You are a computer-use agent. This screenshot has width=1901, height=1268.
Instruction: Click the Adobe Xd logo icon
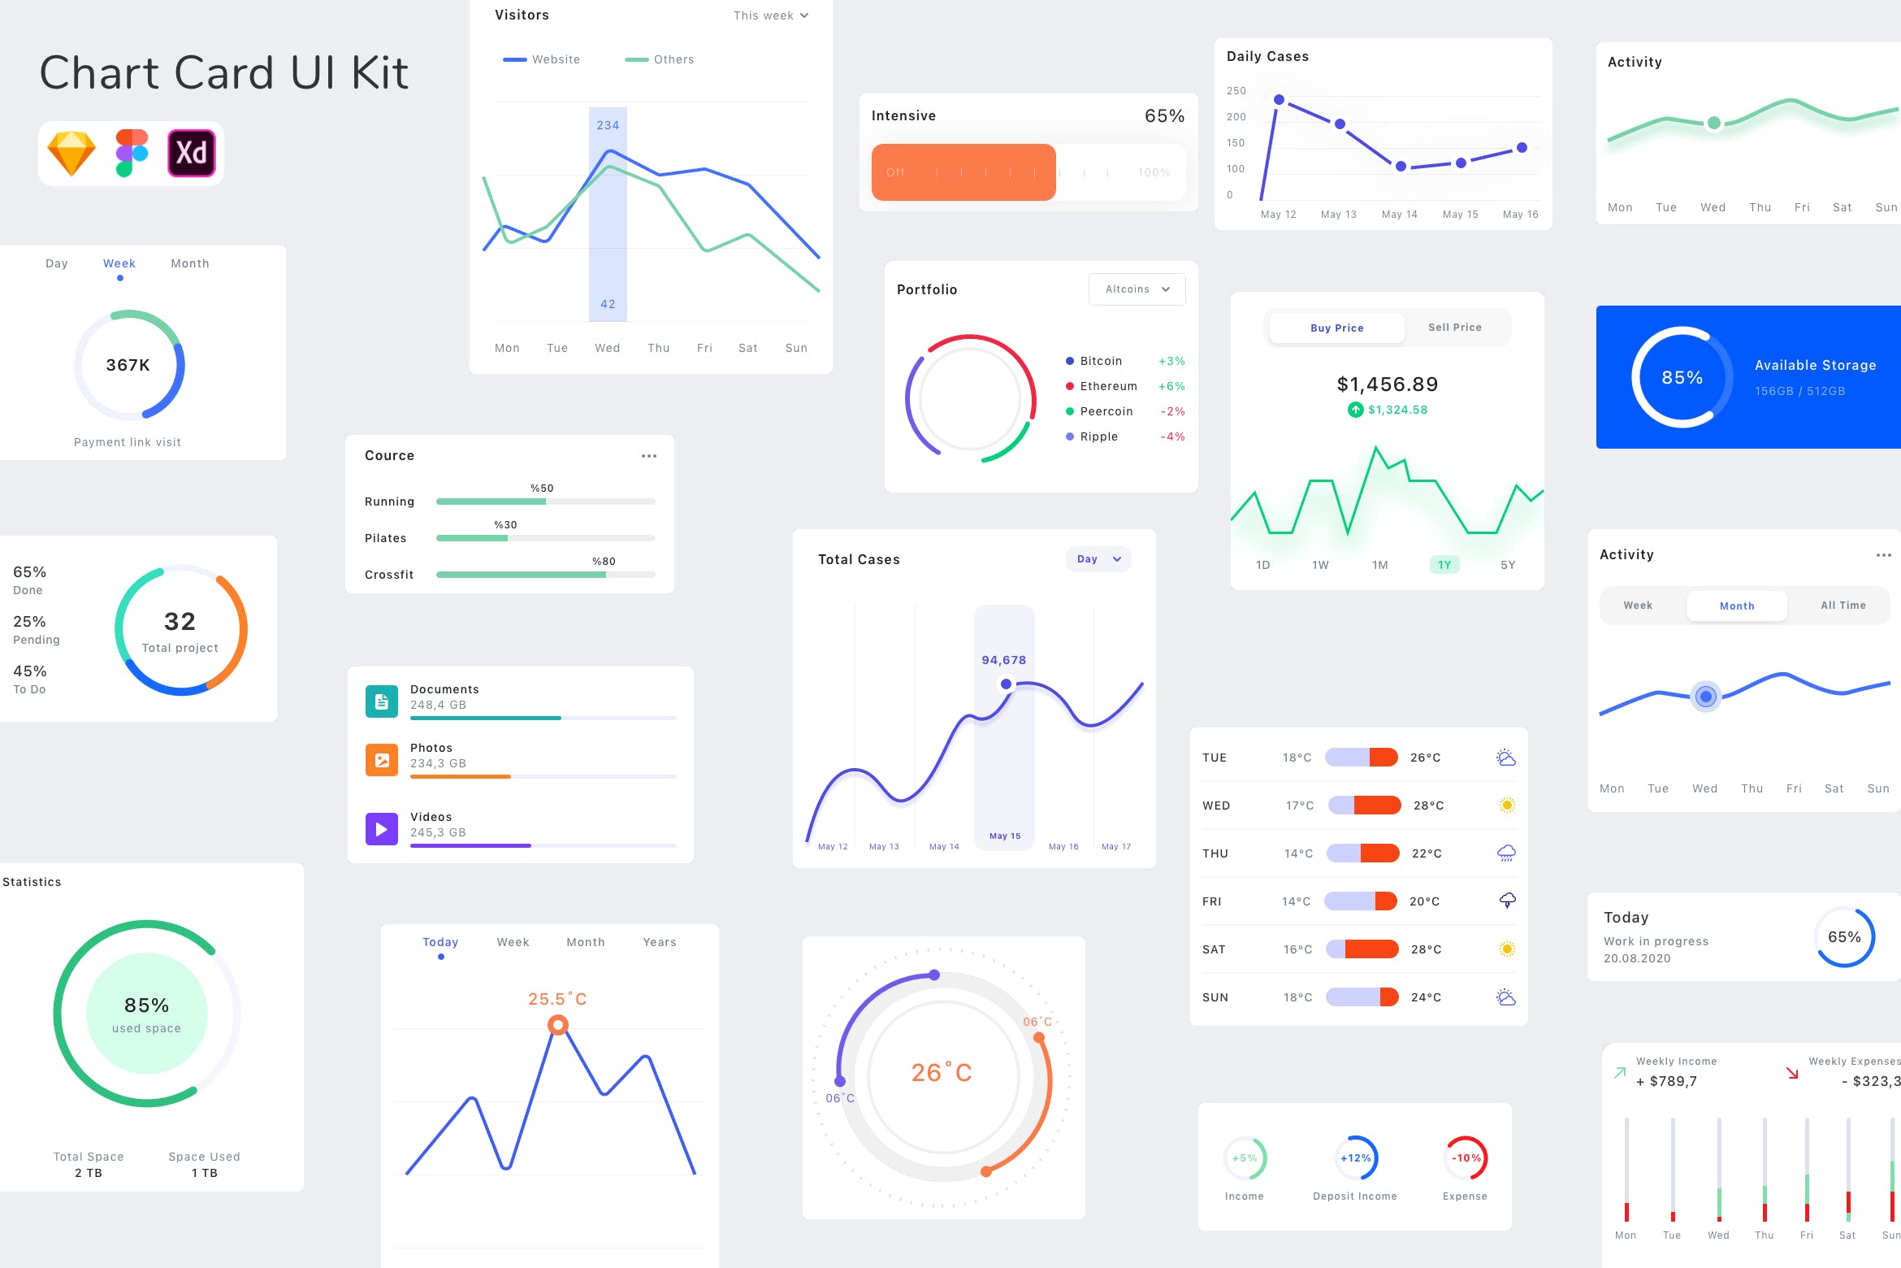(x=192, y=153)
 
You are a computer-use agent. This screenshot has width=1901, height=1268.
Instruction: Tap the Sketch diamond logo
(x=71, y=153)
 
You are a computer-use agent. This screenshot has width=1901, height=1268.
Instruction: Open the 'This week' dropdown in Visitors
(x=770, y=15)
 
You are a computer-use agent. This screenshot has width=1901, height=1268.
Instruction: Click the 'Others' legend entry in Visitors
(x=660, y=59)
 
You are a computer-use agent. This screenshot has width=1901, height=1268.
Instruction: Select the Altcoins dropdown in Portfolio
(x=1137, y=289)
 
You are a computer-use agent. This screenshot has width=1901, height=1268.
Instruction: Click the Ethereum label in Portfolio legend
(x=1108, y=386)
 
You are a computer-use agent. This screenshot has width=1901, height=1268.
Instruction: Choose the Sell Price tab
(x=1454, y=328)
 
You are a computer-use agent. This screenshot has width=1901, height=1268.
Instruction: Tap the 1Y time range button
(x=1444, y=565)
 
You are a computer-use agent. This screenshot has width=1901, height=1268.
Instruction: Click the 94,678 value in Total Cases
(x=1003, y=660)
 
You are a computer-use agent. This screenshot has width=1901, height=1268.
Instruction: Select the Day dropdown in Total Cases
(x=1098, y=559)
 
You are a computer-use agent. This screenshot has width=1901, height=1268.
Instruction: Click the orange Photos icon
(x=382, y=760)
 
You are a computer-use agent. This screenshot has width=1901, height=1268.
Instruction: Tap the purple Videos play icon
(x=382, y=829)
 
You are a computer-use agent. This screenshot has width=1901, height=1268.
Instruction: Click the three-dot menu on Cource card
(x=648, y=456)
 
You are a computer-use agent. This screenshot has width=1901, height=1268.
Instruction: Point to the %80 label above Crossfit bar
(x=604, y=562)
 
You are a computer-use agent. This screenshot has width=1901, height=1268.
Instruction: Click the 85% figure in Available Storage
(x=1682, y=377)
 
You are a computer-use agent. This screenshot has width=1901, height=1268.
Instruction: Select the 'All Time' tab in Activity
(x=1843, y=606)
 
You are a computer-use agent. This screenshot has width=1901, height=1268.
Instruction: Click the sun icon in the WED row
(x=1506, y=806)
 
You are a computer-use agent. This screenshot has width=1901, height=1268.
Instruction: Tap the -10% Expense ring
(x=1466, y=1158)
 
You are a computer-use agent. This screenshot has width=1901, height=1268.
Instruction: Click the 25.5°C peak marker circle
(x=557, y=1025)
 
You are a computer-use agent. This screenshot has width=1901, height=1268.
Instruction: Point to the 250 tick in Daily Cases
(x=1236, y=91)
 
